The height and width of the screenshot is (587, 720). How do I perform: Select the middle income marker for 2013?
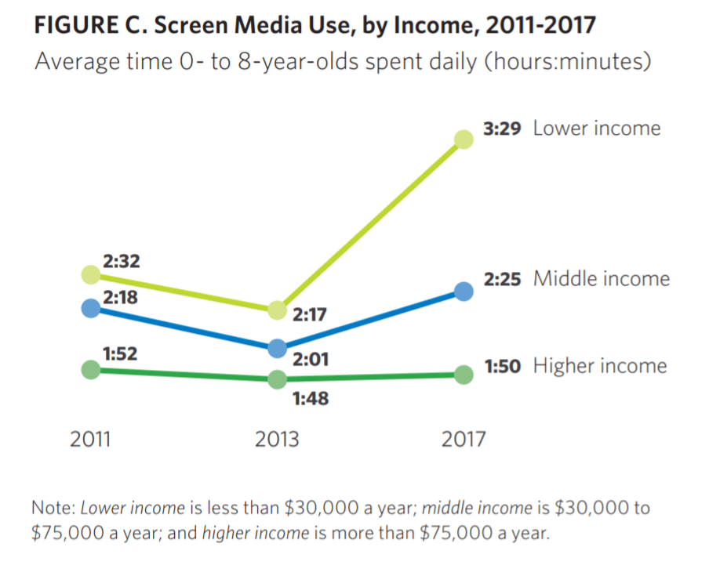click(277, 348)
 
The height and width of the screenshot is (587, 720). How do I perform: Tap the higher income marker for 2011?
click(91, 369)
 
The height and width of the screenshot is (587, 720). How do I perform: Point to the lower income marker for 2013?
click(277, 310)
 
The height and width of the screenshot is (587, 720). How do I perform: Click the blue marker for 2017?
click(464, 292)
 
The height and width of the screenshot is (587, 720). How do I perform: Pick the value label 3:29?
click(502, 129)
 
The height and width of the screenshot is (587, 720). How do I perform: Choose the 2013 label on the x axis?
click(277, 439)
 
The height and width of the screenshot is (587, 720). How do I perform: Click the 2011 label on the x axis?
click(90, 439)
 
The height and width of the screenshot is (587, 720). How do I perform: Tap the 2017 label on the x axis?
click(464, 439)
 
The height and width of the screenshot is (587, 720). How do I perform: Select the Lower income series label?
click(597, 129)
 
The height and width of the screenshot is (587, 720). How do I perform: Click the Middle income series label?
click(602, 279)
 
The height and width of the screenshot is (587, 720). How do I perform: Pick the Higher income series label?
click(600, 366)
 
